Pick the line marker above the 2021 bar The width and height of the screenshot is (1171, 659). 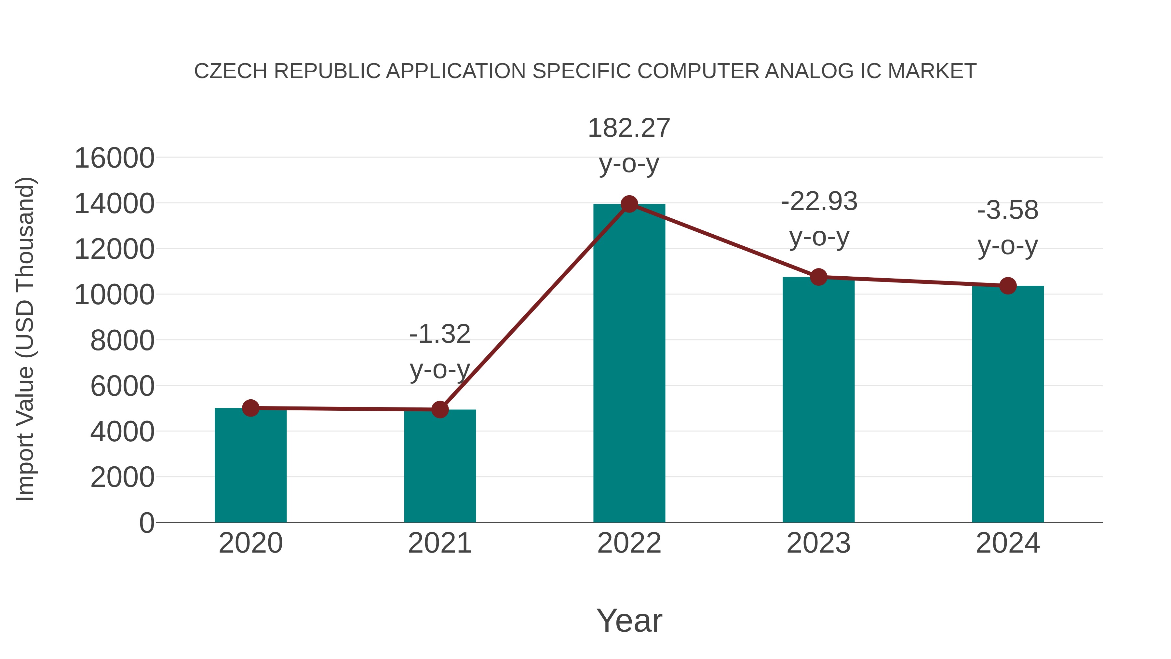[439, 410]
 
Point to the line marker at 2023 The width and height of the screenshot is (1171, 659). [818, 277]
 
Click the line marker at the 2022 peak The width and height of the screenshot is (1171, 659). [629, 204]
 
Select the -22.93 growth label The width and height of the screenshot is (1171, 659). [819, 201]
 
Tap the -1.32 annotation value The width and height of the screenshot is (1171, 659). [439, 334]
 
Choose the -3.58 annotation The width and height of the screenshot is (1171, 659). [1008, 211]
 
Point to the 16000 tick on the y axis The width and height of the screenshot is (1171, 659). [114, 158]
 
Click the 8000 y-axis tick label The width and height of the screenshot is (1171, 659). [122, 341]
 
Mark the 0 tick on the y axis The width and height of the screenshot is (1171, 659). [147, 523]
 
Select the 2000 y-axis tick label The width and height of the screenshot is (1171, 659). [122, 477]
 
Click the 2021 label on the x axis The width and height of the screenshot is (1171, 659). [439, 543]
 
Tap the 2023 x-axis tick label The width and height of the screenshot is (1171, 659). [818, 543]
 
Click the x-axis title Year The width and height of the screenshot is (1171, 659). [629, 620]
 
